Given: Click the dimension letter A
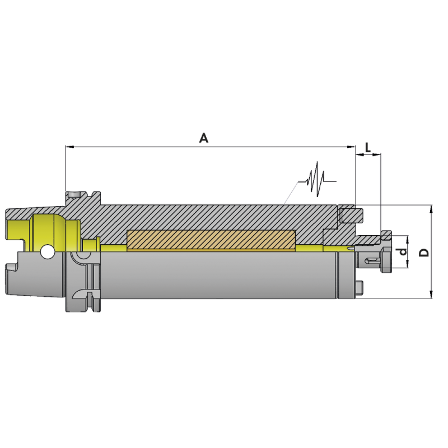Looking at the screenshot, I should (x=204, y=138).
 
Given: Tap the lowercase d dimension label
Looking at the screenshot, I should (x=402, y=252).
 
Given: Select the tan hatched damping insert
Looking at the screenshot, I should (x=211, y=240).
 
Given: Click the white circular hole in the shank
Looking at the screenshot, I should (x=48, y=253).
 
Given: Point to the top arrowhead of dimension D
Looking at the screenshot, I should (x=431, y=209).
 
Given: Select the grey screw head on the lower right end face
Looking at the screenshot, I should (x=361, y=287).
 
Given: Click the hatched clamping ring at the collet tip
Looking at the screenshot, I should (x=386, y=234).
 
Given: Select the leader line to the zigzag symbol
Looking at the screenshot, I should (x=292, y=193).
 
